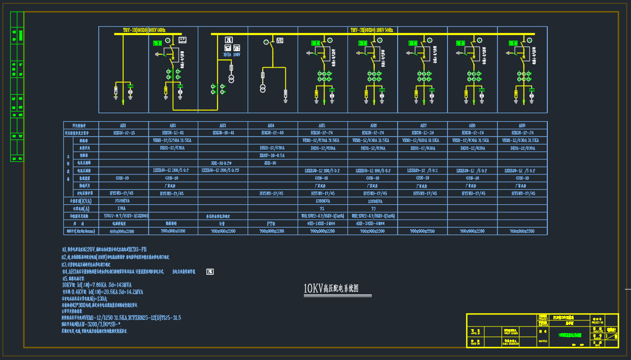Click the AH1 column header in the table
coord(123,125)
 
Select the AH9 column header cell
coord(522,125)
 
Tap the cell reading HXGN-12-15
coord(123,132)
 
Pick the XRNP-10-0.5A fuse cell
coord(272,156)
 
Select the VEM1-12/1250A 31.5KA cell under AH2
coord(172,140)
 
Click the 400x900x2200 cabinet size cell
coord(123,231)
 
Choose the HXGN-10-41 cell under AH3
coord(223,132)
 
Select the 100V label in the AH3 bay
coord(237,54)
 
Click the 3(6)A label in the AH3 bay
coord(227,54)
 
